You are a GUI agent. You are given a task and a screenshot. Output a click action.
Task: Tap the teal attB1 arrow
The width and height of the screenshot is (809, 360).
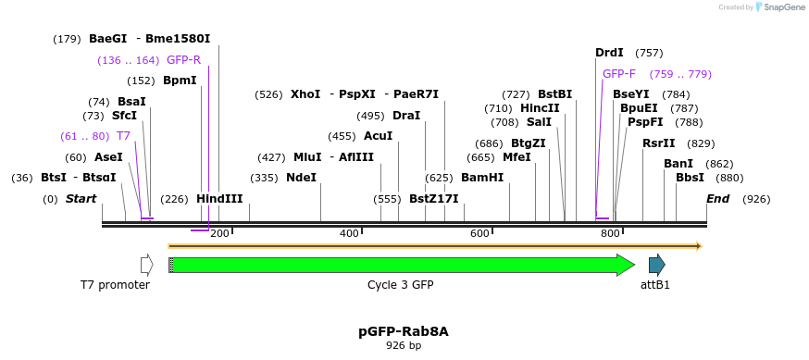point(656,266)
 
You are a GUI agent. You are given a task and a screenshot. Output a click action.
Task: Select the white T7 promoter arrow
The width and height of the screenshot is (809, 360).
point(146,266)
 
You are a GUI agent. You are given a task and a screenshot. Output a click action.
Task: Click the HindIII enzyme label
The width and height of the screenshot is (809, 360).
point(219,199)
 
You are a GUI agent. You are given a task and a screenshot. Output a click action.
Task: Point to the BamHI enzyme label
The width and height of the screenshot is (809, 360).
point(482,178)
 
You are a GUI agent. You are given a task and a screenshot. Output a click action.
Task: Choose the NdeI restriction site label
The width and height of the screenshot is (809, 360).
point(301,178)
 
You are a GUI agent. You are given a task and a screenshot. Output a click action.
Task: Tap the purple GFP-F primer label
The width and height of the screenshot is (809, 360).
point(619,74)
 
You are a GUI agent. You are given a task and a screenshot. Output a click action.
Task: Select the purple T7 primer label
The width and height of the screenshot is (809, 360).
point(123,136)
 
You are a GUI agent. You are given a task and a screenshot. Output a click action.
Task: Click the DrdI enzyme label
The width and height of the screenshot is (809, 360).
point(609,53)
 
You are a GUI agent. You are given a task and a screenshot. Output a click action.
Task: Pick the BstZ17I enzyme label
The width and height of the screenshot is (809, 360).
point(434,199)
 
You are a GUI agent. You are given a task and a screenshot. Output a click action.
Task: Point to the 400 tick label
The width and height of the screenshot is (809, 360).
point(349,233)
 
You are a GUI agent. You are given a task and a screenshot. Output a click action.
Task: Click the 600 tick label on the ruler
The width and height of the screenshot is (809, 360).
point(479,233)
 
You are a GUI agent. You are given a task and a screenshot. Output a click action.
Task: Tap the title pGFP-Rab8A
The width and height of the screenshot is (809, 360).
point(404,331)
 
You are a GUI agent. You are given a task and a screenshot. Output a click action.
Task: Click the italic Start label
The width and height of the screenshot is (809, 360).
point(81,199)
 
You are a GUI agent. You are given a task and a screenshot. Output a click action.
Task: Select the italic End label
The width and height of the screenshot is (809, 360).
point(717,199)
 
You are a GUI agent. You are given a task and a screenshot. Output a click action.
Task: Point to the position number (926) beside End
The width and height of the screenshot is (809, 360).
point(756,199)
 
